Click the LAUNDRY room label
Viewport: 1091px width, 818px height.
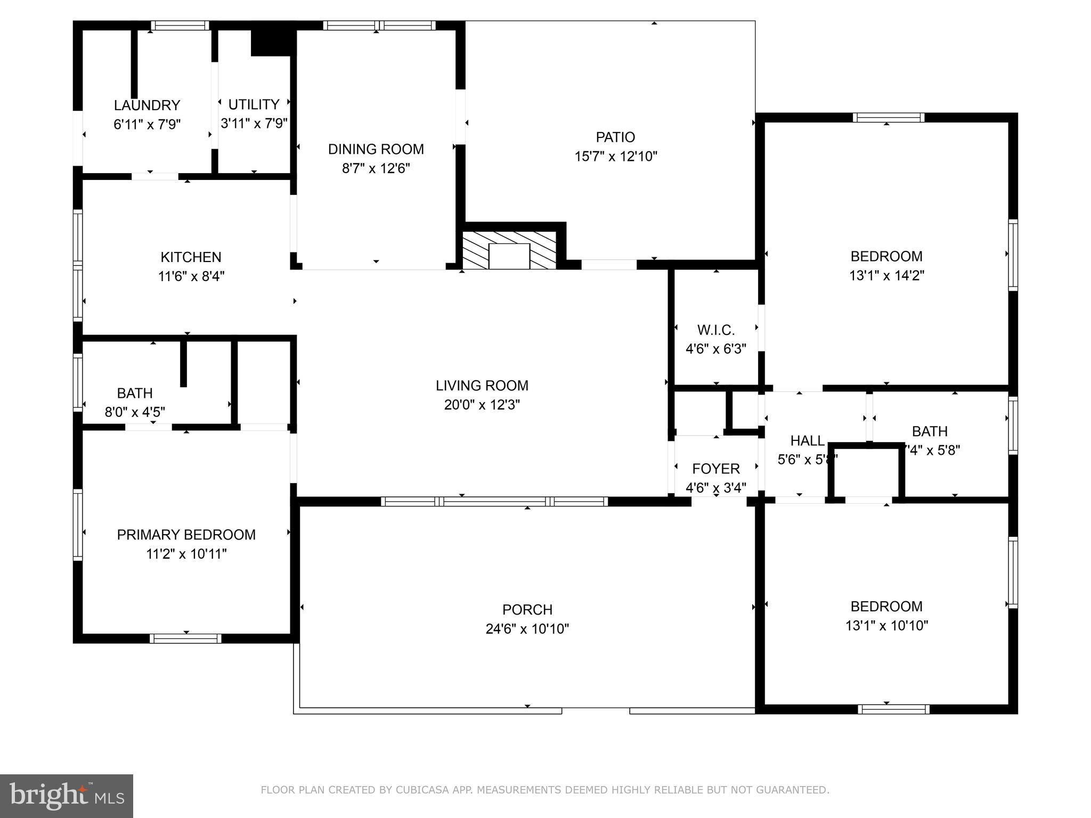click(147, 105)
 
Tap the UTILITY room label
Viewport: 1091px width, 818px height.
click(254, 104)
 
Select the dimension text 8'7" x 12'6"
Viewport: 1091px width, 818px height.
click(376, 169)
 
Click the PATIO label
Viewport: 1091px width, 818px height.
click(615, 137)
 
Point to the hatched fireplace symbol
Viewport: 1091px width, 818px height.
click(509, 250)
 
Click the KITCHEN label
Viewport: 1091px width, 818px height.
click(191, 257)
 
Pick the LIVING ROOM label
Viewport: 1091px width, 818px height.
click(482, 386)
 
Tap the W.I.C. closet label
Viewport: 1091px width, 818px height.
click(715, 330)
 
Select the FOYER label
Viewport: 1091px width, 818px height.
click(715, 469)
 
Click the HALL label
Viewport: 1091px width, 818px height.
click(807, 441)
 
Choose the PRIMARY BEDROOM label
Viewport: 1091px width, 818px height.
click(186, 535)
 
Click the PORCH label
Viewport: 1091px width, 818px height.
click(527, 610)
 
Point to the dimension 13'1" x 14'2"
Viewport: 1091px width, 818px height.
click(886, 276)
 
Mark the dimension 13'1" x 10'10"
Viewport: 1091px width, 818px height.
click(886, 626)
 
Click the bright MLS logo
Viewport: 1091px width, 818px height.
click(67, 796)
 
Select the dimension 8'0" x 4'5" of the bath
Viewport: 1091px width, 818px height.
click(135, 412)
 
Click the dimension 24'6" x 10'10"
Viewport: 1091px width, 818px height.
click(527, 629)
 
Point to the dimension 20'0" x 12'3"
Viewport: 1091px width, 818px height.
click(482, 405)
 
